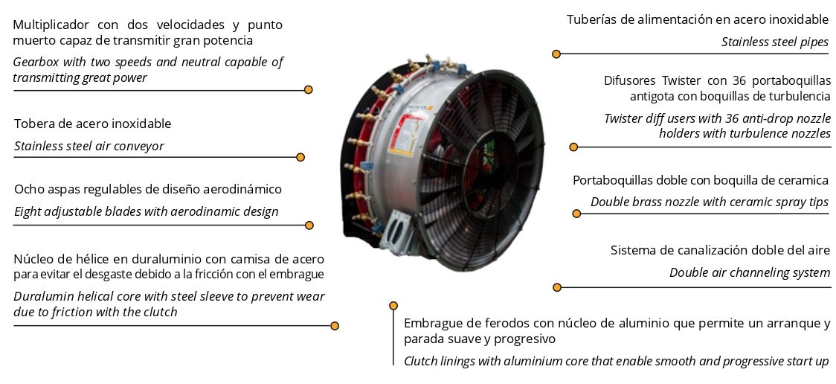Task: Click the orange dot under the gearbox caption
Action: [x=308, y=89]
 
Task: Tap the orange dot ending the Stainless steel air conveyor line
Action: [x=300, y=157]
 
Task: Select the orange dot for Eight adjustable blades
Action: [x=309, y=225]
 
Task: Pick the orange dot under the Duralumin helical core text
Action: [x=335, y=325]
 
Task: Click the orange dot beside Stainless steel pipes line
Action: [x=556, y=54]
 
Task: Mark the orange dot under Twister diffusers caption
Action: [x=573, y=147]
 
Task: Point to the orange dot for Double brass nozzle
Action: [x=576, y=214]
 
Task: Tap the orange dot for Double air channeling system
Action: [x=557, y=287]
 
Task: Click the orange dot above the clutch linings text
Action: [x=393, y=306]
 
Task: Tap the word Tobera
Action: [x=31, y=124]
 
